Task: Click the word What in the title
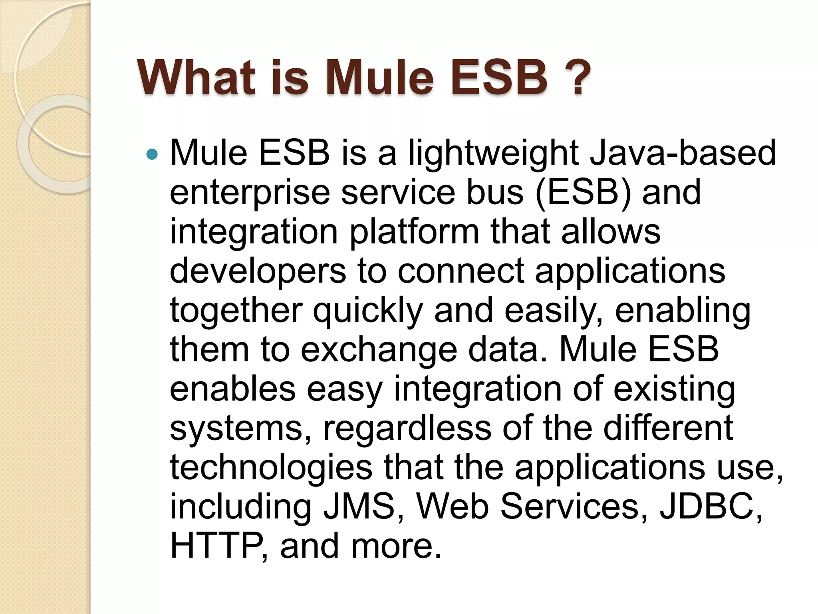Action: coord(196,77)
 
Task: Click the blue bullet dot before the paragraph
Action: coord(153,154)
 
